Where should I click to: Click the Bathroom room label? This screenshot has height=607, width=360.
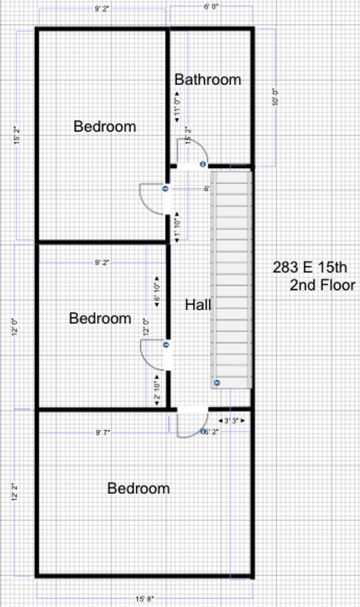(208, 80)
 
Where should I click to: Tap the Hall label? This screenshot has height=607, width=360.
(198, 305)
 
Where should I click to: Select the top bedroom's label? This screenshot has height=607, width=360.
(104, 126)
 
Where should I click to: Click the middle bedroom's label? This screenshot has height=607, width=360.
(100, 318)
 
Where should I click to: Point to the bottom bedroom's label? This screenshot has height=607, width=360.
(138, 488)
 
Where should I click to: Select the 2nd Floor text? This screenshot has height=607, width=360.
(322, 285)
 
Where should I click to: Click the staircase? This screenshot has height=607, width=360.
(232, 278)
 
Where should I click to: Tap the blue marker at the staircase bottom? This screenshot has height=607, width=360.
(216, 383)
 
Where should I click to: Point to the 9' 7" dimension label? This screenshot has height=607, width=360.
(102, 432)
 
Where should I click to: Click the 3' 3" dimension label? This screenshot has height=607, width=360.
(231, 420)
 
